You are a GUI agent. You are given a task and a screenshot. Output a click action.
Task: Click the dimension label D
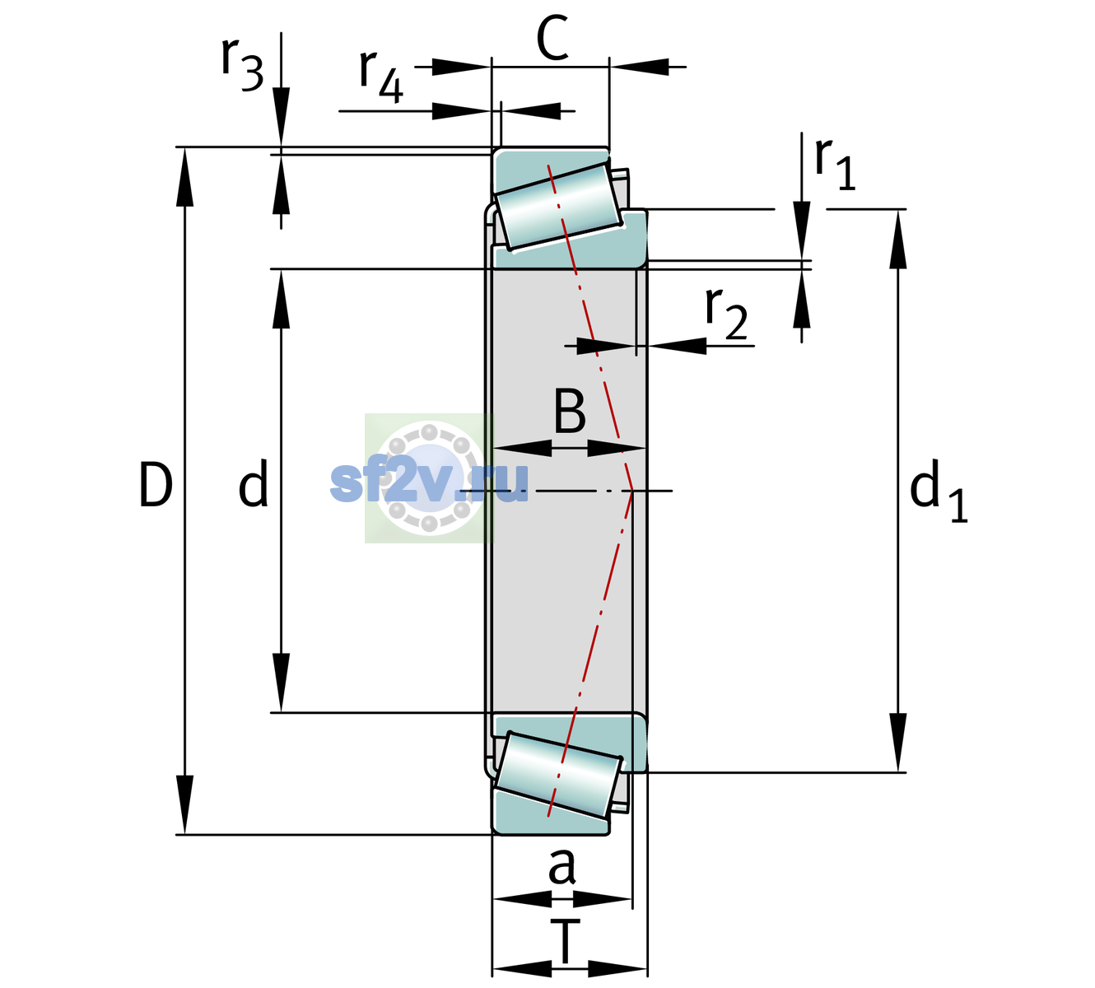tap(156, 485)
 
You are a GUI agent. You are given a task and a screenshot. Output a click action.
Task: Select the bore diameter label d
tap(254, 483)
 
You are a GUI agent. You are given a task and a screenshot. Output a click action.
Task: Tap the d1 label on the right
tap(939, 490)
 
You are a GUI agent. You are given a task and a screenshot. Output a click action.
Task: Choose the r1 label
tap(835, 164)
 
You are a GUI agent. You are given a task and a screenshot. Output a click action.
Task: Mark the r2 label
tap(726, 313)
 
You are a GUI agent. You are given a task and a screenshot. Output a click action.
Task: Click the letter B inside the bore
tap(570, 411)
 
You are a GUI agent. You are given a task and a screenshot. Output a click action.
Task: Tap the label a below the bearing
tap(561, 866)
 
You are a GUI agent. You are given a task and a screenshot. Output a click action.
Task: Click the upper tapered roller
tap(558, 207)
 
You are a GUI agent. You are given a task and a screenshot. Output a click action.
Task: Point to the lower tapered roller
tap(558, 776)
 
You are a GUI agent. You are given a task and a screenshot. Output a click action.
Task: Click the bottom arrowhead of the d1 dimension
tap(898, 743)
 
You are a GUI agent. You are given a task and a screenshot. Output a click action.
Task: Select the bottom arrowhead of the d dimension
tap(281, 683)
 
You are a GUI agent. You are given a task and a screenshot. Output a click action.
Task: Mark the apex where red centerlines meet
tap(632, 491)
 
